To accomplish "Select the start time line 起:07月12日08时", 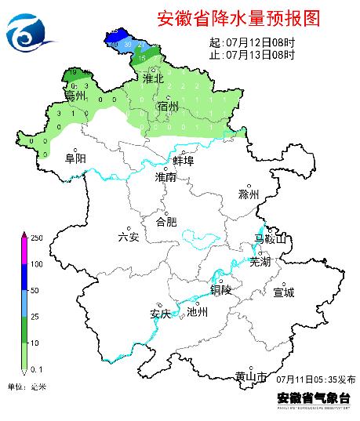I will tap(252, 42).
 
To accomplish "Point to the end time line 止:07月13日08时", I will tap(252, 55).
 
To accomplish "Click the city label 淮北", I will tap(153, 78).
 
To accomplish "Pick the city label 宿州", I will tap(168, 106).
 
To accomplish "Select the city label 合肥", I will tap(167, 221).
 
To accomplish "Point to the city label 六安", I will tap(128, 237).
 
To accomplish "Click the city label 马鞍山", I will tap(271, 238).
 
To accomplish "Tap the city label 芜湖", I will tap(260, 262).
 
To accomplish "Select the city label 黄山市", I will tap(251, 376).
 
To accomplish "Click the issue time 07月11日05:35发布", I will tap(315, 379).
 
